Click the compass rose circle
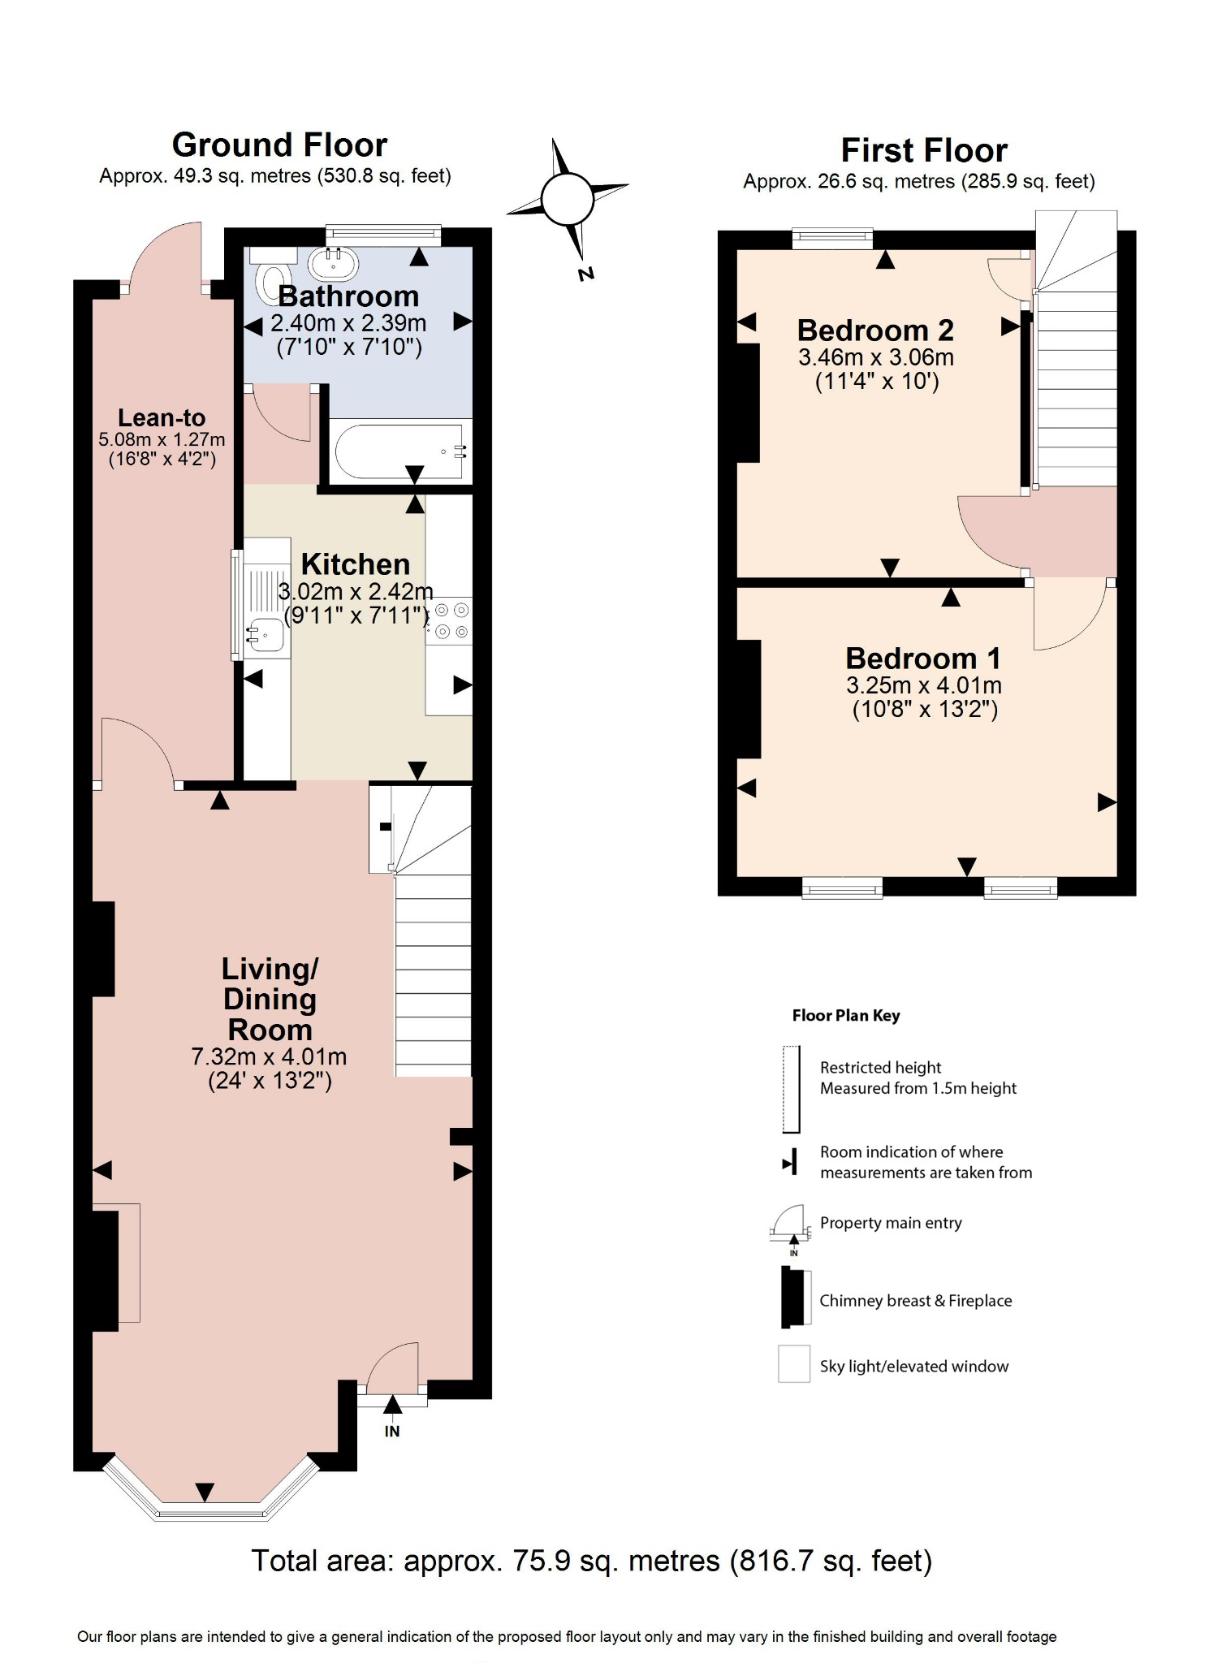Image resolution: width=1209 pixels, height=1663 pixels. pos(568,200)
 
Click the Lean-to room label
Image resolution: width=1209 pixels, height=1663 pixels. pos(162,417)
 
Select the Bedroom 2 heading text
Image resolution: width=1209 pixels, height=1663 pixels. pos(874,330)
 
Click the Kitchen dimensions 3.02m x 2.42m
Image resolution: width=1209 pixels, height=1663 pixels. pos(356,591)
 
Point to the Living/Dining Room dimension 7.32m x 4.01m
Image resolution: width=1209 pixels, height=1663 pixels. pos(269,1056)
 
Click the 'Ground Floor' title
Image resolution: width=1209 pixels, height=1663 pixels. pos(279,145)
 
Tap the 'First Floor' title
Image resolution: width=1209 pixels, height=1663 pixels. pos(923,151)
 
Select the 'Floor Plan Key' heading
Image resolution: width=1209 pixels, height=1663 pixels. pos(845,1015)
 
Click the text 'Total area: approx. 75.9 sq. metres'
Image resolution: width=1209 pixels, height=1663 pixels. pos(485,1560)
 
